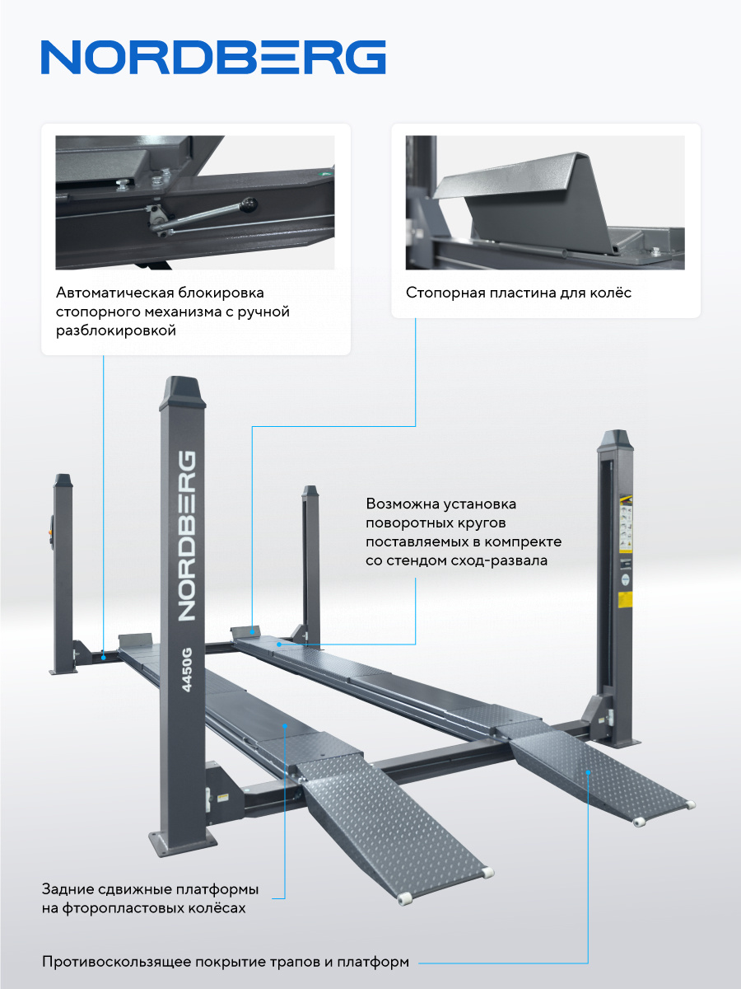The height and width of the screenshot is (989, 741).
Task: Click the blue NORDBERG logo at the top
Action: (213, 57)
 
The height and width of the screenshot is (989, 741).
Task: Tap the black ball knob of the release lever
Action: (249, 205)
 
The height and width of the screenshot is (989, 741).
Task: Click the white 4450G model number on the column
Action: (187, 669)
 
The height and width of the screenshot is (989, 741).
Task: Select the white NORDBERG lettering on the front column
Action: (187, 537)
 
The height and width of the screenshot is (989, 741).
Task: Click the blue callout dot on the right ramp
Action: (588, 772)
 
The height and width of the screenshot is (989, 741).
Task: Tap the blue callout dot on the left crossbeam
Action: (104, 658)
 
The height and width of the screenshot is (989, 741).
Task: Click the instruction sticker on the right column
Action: (626, 523)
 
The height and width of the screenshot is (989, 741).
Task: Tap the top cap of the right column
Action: (616, 441)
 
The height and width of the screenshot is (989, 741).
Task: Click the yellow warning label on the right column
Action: (626, 599)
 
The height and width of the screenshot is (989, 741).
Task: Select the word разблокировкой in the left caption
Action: (116, 331)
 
